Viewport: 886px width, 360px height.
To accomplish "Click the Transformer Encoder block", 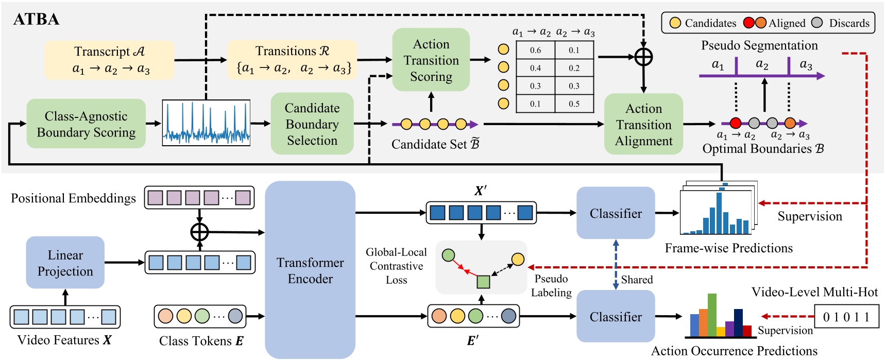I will point(310,270).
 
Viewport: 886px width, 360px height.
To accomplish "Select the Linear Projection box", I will point(65,263).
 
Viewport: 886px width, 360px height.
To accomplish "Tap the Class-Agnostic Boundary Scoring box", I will point(86,124).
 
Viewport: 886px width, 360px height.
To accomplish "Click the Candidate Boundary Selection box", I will point(312,124).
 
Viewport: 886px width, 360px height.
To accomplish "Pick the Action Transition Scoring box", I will point(431,60).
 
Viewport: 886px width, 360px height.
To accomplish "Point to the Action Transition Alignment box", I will point(643,124).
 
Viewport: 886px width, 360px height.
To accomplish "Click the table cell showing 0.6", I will point(535,50).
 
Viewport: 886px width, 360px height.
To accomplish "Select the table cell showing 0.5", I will point(574,104).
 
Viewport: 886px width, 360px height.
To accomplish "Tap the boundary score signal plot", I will point(206,123).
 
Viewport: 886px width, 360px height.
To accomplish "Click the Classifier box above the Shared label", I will point(616,213).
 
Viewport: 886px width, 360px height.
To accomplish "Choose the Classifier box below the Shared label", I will point(616,316).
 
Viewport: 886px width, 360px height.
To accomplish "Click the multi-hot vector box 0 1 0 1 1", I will point(846,317).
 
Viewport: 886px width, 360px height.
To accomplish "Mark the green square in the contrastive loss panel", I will point(483,282).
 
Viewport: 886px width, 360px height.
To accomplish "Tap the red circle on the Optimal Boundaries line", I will point(736,123).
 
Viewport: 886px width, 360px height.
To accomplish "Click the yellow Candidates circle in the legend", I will point(675,23).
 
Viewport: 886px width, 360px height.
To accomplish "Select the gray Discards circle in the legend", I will point(816,23).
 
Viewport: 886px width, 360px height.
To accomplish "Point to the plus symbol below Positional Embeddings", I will point(199,232).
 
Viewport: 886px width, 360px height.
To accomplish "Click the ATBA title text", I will point(36,20).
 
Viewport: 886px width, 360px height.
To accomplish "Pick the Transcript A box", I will point(109,60).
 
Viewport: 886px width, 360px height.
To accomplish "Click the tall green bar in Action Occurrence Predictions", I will point(712,314).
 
